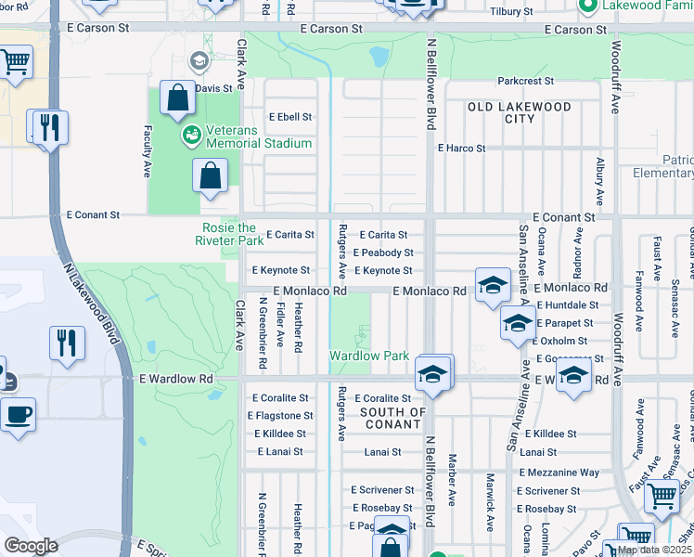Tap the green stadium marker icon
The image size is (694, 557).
pyautogui.click(x=192, y=136)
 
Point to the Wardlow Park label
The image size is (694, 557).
pyautogui.click(x=369, y=356)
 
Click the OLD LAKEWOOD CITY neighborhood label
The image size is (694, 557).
pyautogui.click(x=520, y=112)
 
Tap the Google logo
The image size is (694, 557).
pyautogui.click(x=30, y=546)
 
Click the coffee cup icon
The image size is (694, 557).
pyautogui.click(x=18, y=415)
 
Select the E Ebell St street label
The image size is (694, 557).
pyautogui.click(x=290, y=117)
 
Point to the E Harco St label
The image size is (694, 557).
pyautogui.click(x=461, y=148)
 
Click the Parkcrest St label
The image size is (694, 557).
pyautogui.click(x=525, y=82)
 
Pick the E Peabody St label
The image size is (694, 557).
pyautogui.click(x=383, y=253)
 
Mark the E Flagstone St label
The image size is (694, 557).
pyautogui.click(x=283, y=416)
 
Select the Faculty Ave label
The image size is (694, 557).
pyautogui.click(x=147, y=152)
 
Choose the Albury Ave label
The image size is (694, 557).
pyautogui.click(x=599, y=176)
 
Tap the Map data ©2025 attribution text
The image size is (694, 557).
pyautogui.click(x=653, y=550)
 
